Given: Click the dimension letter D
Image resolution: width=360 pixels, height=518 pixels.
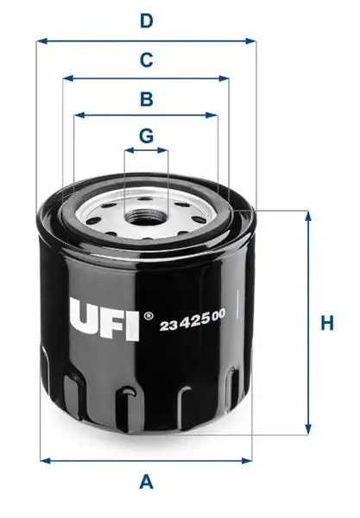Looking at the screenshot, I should [147, 21].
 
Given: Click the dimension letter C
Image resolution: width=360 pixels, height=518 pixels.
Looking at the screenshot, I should [147, 60].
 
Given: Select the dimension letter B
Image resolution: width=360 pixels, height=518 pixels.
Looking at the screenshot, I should [147, 98].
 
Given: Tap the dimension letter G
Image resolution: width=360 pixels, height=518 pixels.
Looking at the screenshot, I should [147, 136].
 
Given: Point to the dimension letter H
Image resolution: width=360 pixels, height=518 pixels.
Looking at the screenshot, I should [327, 324].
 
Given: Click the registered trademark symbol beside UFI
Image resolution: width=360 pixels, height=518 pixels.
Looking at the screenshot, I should [149, 315].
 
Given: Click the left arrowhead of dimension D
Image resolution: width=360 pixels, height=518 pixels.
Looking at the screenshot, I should [41, 40].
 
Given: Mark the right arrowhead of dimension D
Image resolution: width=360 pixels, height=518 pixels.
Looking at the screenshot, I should [254, 40].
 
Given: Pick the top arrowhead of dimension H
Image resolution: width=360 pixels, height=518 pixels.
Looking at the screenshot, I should [307, 214].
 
